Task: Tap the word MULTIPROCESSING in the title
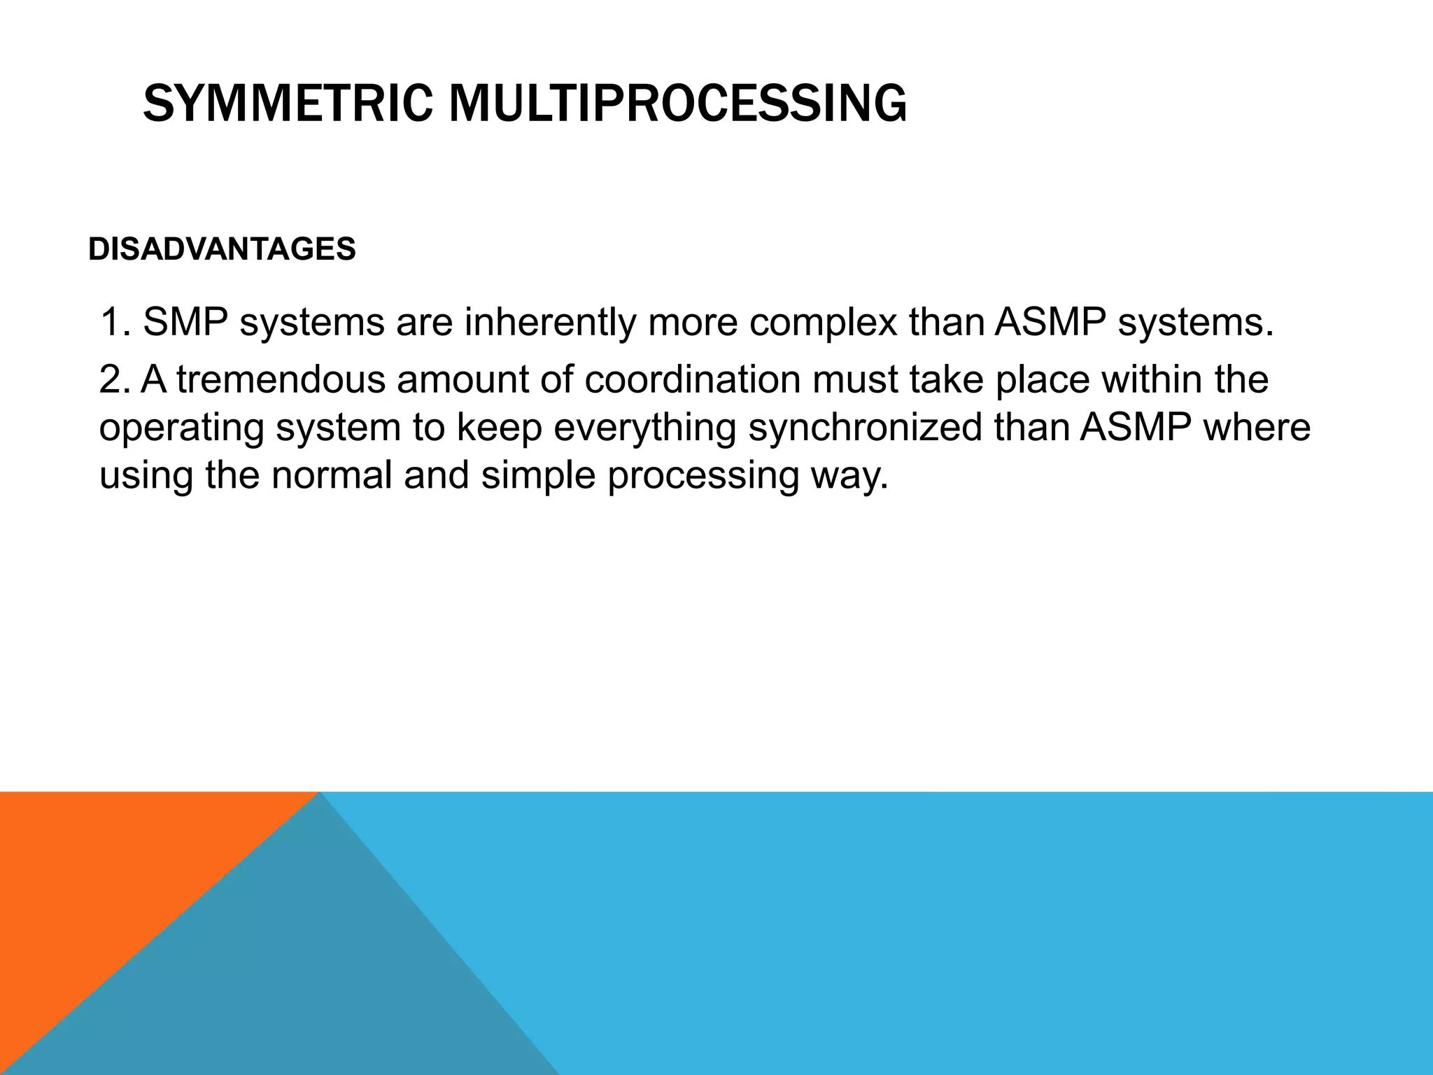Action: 677,104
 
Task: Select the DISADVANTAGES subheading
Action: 222,249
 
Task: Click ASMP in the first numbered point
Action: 1051,323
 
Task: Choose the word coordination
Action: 693,380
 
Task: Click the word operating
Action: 181,429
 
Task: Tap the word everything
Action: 644,429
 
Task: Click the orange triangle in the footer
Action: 105,882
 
